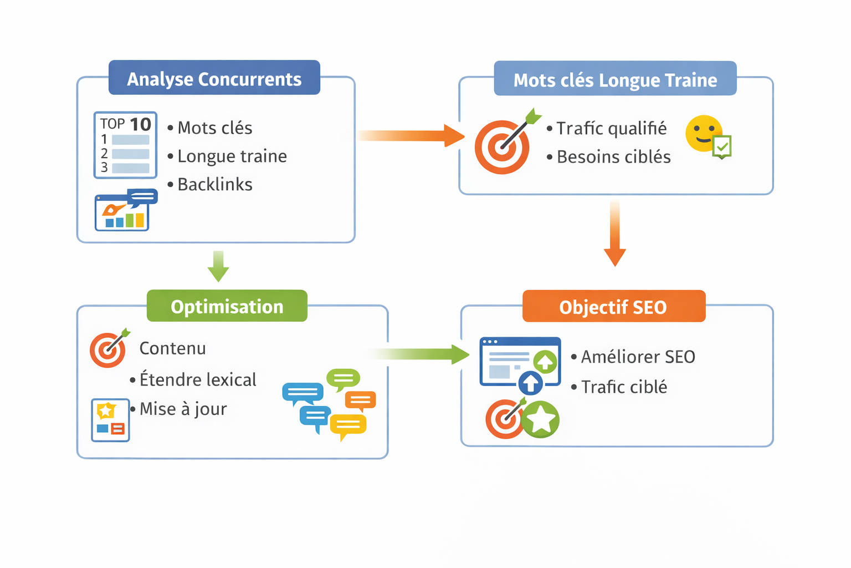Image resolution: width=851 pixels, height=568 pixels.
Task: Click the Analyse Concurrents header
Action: point(214,78)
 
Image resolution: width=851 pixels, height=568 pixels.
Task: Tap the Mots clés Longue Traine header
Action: point(615,79)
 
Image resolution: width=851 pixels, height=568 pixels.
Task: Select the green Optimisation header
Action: point(227,306)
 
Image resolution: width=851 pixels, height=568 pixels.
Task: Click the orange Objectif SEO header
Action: point(613,306)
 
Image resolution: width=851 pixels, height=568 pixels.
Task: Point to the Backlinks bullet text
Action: point(214,184)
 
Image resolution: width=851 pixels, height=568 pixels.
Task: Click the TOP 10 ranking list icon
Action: point(125,145)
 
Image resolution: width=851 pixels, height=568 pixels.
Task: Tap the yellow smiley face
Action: point(703,134)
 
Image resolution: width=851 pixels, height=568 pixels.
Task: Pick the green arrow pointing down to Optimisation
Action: point(218,266)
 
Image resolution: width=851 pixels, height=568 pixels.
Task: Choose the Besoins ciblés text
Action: point(613,157)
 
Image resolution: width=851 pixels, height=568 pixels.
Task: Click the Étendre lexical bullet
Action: point(197,379)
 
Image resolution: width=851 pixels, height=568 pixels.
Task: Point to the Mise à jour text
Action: point(183,409)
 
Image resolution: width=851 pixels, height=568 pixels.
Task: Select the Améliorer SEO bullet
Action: point(637,357)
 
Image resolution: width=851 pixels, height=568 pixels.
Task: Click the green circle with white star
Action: point(540,420)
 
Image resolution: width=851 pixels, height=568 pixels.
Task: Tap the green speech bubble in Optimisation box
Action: point(343,379)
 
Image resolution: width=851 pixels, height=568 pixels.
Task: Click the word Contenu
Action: point(172,348)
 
